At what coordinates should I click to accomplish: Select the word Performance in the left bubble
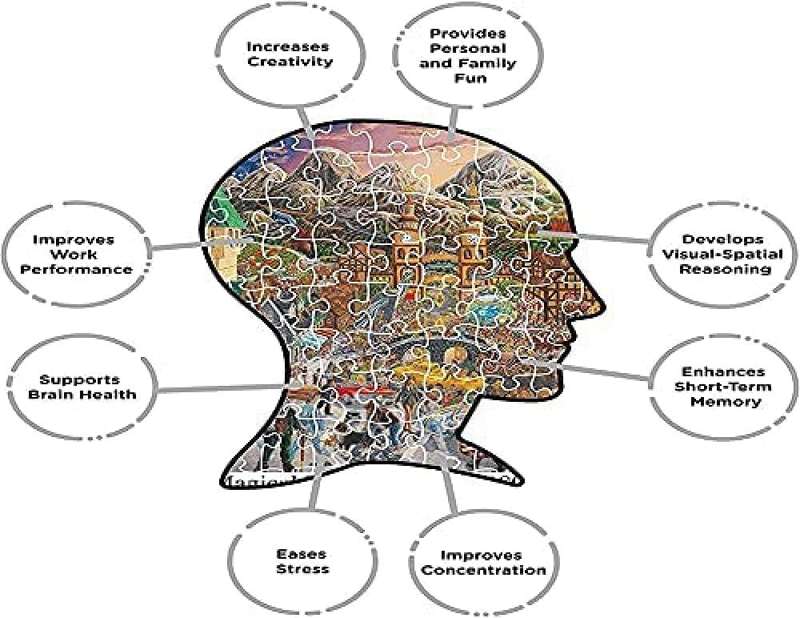tap(77, 270)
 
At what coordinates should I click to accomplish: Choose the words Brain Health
tap(82, 394)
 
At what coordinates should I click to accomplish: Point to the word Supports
tap(82, 379)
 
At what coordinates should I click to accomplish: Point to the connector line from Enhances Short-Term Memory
tap(608, 371)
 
